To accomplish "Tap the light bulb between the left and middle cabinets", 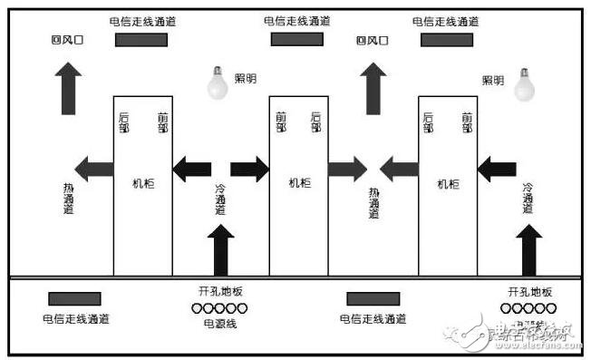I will point(218,83).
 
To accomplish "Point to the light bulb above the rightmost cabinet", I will point(524,83).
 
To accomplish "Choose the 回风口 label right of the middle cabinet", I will point(373,40).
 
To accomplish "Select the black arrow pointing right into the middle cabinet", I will point(249,168).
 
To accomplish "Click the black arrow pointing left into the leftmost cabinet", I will point(191,168).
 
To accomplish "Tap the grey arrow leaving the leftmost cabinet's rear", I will point(93,168).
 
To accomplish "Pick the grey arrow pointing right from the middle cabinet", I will point(347,168).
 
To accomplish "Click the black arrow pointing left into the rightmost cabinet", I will point(496,168).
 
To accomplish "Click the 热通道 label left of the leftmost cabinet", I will point(68,197).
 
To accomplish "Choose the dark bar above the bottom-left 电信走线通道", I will point(74,298).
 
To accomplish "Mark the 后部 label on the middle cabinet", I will point(315,122).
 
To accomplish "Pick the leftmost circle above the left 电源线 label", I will point(196,308).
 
